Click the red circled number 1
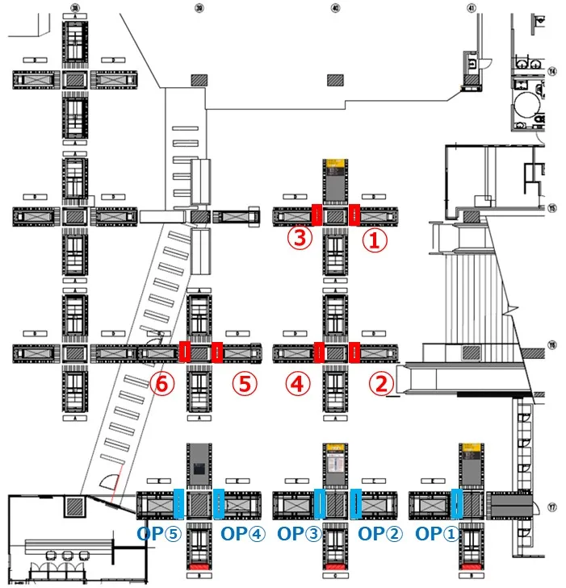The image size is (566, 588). pyautogui.click(x=375, y=239)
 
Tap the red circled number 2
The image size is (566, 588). pyautogui.click(x=379, y=385)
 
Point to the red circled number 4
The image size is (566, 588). pyautogui.click(x=298, y=385)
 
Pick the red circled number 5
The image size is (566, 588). pyautogui.click(x=245, y=385)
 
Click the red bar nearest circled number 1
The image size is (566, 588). pyautogui.click(x=354, y=215)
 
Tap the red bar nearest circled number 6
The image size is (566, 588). pyautogui.click(x=184, y=352)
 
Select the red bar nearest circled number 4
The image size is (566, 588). pyautogui.click(x=318, y=352)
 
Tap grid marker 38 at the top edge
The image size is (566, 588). pyautogui.click(x=76, y=8)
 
